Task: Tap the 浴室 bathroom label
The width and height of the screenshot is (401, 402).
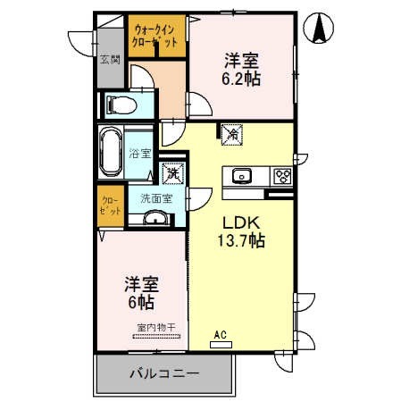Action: tap(139, 153)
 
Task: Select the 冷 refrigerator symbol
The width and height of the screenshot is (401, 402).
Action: tap(231, 134)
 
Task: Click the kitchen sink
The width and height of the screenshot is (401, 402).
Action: tap(240, 175)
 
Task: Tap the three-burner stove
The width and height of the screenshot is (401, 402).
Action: tap(281, 175)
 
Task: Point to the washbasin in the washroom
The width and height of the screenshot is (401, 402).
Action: tap(155, 220)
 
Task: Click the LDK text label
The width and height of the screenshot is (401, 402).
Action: tap(235, 222)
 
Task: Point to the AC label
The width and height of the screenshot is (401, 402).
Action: tap(220, 335)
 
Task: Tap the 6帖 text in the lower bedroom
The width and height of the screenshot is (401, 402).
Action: tap(138, 303)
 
